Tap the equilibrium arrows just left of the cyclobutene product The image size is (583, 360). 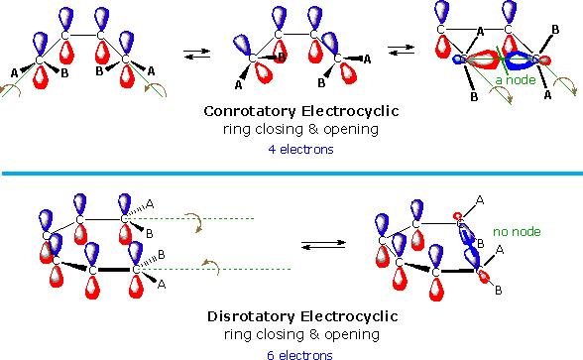tap(400, 50)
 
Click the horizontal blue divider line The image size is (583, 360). tap(291, 174)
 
